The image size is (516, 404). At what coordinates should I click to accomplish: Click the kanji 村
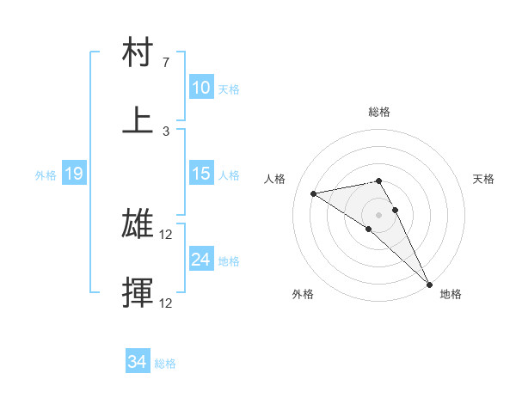click(x=138, y=52)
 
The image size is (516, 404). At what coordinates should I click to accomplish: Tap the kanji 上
click(x=138, y=119)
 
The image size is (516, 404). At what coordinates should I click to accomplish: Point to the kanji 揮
click(x=138, y=291)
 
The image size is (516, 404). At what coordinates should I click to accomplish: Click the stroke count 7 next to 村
click(x=166, y=63)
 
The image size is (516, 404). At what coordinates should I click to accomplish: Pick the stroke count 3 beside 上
click(x=166, y=131)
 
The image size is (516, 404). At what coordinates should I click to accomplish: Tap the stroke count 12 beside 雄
click(x=167, y=235)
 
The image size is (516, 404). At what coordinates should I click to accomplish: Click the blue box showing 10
click(x=201, y=88)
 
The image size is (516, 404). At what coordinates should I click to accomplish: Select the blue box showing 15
click(x=201, y=174)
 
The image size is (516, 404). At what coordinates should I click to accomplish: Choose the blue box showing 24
click(x=201, y=260)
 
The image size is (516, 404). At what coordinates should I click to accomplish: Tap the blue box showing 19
click(x=74, y=174)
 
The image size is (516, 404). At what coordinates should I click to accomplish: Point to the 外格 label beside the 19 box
click(x=46, y=175)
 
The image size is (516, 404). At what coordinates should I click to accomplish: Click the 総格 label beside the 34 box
click(x=165, y=364)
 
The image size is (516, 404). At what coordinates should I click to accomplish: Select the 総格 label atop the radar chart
click(x=379, y=112)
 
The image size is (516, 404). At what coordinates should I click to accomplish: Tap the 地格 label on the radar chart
click(x=451, y=294)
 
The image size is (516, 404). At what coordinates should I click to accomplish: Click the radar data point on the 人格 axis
click(x=314, y=193)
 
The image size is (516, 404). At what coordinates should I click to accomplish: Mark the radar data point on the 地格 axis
click(x=429, y=283)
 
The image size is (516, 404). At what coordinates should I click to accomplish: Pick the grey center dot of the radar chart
click(x=379, y=214)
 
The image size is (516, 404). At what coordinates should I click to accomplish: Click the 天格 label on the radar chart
click(x=484, y=179)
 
